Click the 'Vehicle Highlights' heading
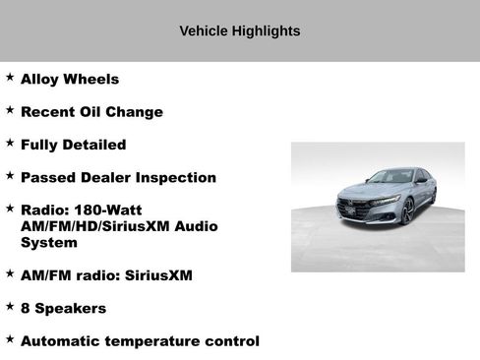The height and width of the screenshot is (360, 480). [240, 30]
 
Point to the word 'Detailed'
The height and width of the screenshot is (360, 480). [92, 145]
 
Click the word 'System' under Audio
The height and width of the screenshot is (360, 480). [48, 242]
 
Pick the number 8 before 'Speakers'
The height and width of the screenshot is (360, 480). [26, 308]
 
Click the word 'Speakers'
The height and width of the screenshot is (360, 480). [71, 308]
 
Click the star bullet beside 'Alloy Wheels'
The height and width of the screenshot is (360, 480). [10, 77]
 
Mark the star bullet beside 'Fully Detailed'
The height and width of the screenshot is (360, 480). [10, 143]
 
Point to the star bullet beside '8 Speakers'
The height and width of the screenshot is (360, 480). [10, 306]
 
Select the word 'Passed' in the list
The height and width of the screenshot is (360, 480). [48, 177]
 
